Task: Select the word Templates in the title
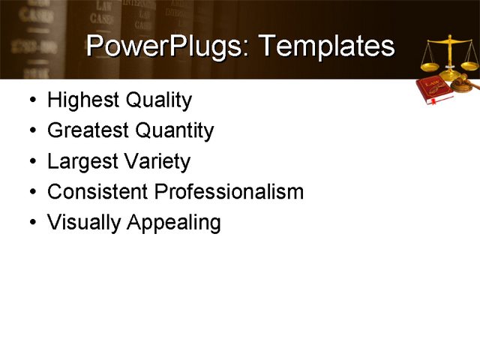point(328,46)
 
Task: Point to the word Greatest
point(88,131)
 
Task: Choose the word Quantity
point(175,131)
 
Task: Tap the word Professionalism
point(229,192)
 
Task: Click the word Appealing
point(174,223)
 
